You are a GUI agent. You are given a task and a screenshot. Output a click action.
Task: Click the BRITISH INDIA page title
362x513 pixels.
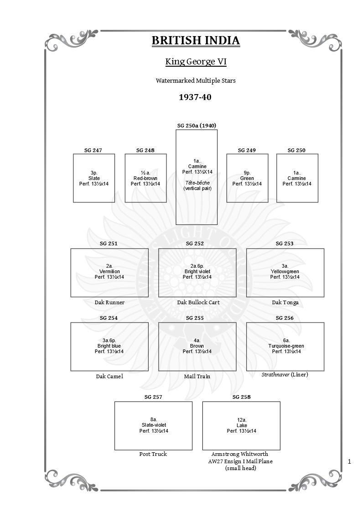tap(196, 41)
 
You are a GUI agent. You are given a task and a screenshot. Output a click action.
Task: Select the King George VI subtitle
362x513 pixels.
tap(196, 62)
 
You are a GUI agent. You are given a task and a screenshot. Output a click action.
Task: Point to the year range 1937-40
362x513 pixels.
tap(195, 97)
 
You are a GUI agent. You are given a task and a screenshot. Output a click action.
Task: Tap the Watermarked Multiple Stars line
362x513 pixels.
tap(196, 81)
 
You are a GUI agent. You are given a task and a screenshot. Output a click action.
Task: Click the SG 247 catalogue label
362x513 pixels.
tap(93, 150)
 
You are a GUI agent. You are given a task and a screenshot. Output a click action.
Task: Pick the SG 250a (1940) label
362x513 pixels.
tap(197, 126)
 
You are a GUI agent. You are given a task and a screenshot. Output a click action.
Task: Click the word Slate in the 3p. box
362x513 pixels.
tap(94, 178)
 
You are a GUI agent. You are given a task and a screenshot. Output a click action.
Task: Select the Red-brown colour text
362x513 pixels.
tap(145, 178)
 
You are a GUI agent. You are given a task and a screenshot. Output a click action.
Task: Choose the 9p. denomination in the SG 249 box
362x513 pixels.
tap(247, 173)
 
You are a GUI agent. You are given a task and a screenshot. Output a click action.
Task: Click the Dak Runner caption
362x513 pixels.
tap(109, 302)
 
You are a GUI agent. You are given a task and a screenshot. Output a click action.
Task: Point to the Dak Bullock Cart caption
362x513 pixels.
tap(198, 302)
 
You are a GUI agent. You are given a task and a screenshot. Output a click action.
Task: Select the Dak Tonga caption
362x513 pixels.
tap(285, 302)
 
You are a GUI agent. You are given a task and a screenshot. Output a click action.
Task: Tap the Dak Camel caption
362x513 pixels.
tap(109, 376)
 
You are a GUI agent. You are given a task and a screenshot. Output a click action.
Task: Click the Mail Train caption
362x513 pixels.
tap(197, 376)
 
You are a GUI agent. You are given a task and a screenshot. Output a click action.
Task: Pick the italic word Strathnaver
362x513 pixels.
tap(275, 375)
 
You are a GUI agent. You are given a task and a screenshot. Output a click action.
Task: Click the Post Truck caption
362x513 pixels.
tap(153, 454)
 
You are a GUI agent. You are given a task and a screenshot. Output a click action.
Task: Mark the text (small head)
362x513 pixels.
tap(241, 468)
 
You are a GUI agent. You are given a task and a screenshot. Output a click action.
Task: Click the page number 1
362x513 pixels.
tap(349, 462)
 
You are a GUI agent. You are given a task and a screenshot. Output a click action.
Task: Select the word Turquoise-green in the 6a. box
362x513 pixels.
tap(286, 346)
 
